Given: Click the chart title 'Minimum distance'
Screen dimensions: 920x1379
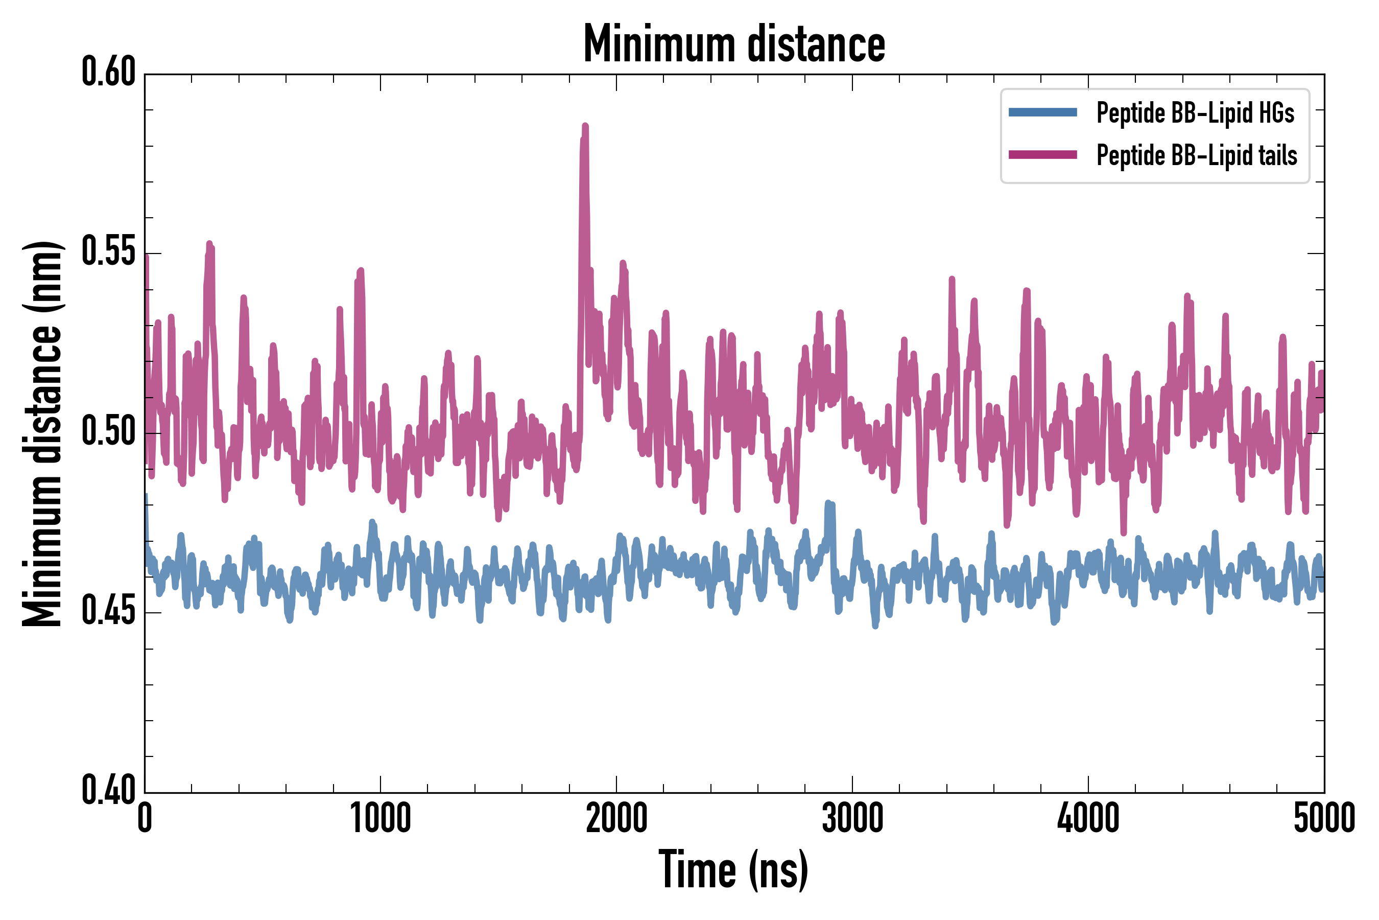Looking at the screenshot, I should click(x=734, y=43).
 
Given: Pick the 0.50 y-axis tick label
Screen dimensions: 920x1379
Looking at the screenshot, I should click(x=108, y=431).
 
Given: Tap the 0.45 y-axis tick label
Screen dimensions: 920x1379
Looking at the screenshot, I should click(x=108, y=611).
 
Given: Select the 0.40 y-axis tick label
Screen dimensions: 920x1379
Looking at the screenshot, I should click(x=108, y=791).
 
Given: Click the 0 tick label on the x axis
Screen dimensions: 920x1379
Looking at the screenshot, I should click(x=145, y=818).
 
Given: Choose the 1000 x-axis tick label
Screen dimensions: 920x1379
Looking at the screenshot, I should click(x=381, y=818).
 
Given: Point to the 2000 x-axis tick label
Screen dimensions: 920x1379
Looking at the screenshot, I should click(x=616, y=818).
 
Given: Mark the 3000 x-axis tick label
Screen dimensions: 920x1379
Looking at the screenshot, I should click(x=852, y=818).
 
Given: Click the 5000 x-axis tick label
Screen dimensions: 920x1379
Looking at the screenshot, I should click(x=1324, y=818).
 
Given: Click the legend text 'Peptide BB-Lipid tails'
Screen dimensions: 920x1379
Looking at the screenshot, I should click(x=1197, y=155).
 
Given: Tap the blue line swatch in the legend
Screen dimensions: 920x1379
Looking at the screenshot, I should click(x=1042, y=112).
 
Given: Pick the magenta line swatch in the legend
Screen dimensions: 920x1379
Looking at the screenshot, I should click(x=1042, y=155).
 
